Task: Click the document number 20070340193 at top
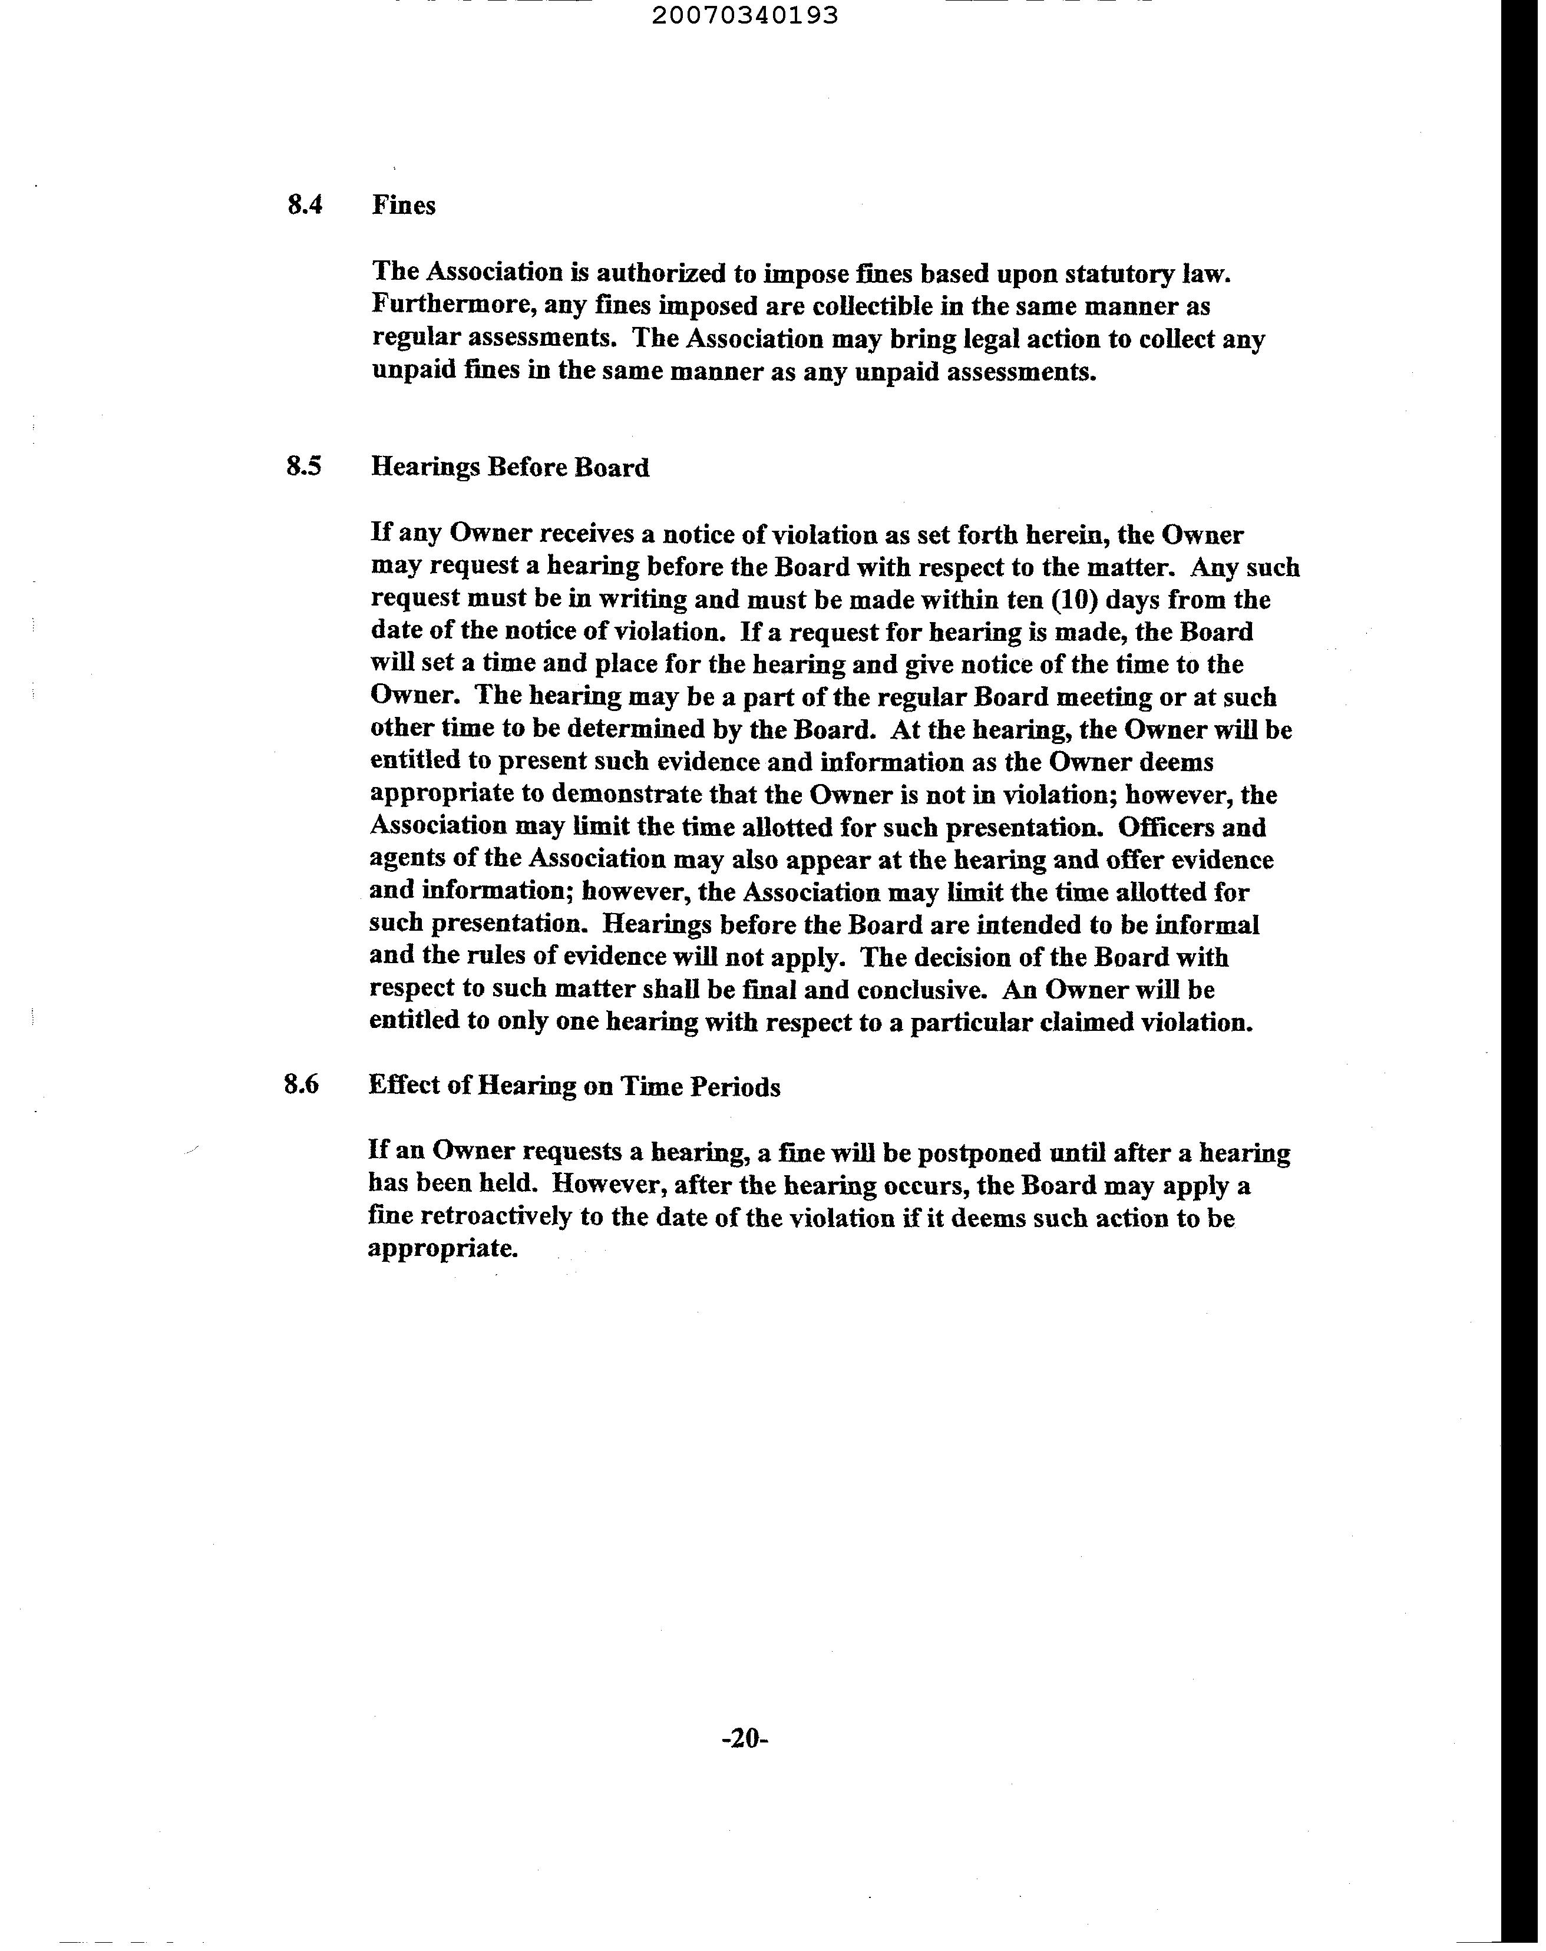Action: tap(744, 15)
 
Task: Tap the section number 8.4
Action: tap(305, 206)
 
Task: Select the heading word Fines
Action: tap(404, 206)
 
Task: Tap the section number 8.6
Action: tap(302, 1085)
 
